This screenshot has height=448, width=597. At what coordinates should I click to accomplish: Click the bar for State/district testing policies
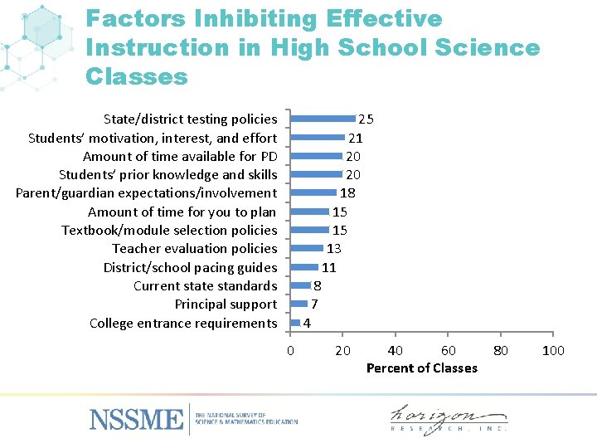tap(323, 119)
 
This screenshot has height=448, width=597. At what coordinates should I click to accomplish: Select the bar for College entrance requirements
tap(295, 322)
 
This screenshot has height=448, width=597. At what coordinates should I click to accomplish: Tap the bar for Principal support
tap(299, 304)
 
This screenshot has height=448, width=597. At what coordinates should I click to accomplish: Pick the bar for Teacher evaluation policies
tap(307, 248)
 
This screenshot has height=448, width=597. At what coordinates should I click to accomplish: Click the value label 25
tap(365, 119)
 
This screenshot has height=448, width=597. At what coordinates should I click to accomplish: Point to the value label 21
tap(355, 138)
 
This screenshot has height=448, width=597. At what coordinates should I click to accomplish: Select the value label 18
tap(347, 192)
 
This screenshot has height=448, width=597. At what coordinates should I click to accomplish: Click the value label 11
tap(328, 267)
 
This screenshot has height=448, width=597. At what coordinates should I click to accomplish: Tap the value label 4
tap(307, 323)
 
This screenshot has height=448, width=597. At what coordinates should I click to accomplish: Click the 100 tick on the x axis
tap(553, 350)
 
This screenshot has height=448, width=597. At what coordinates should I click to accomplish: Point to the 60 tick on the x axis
tap(448, 350)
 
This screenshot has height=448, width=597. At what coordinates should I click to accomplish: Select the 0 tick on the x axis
tap(289, 350)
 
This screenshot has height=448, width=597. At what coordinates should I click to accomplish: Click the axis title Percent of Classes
tap(421, 368)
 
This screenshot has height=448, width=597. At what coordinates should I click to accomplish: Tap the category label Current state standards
tap(205, 285)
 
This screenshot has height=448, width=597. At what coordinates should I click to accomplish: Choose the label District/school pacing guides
tap(190, 267)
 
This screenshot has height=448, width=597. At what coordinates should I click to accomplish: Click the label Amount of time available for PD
tap(180, 156)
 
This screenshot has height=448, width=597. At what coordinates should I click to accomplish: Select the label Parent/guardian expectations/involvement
tap(146, 192)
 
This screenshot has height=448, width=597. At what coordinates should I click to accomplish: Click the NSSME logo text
tap(136, 419)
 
